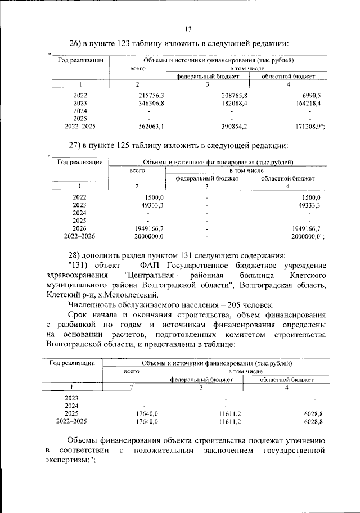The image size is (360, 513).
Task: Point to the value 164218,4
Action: click(x=306, y=103)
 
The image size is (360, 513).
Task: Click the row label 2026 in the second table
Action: click(x=80, y=229)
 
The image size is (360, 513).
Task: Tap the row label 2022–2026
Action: click(x=80, y=237)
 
